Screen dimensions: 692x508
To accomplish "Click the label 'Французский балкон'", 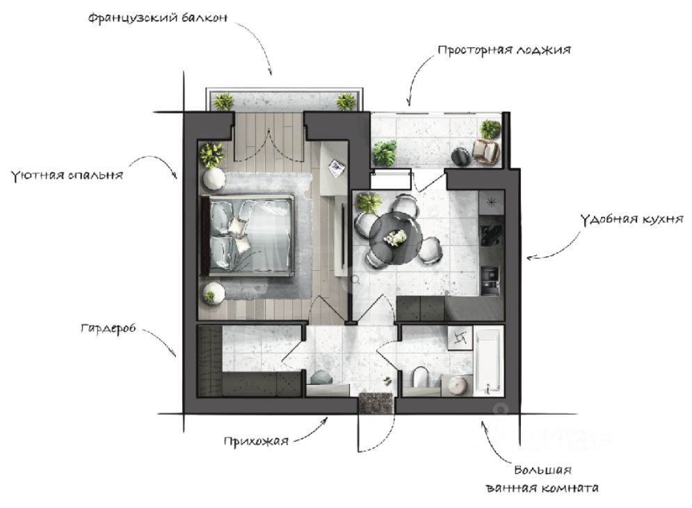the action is [x=158, y=18].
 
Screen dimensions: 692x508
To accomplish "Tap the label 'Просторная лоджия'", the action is [x=504, y=50].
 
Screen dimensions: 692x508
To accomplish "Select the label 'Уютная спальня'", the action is [x=66, y=175].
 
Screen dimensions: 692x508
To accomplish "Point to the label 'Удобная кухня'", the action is [x=631, y=219].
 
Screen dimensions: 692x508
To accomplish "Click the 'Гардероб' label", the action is [x=108, y=328].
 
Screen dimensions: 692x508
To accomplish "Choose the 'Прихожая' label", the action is [x=256, y=441].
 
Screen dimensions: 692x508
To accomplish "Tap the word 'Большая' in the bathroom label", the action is [x=543, y=470].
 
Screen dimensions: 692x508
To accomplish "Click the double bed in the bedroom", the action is [x=248, y=235].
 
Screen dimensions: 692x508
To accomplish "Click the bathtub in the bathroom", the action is [x=488, y=360].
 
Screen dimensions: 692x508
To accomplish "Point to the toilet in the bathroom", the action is [x=421, y=379].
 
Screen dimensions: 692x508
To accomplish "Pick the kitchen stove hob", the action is [x=491, y=236].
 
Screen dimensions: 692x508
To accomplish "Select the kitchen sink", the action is [x=490, y=280].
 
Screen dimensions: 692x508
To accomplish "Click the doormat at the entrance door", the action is [x=376, y=402].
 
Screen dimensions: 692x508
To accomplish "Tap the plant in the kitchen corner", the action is [x=368, y=204].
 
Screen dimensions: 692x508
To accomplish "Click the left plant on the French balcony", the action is [x=224, y=102].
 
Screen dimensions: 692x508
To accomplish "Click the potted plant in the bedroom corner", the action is [x=212, y=154].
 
